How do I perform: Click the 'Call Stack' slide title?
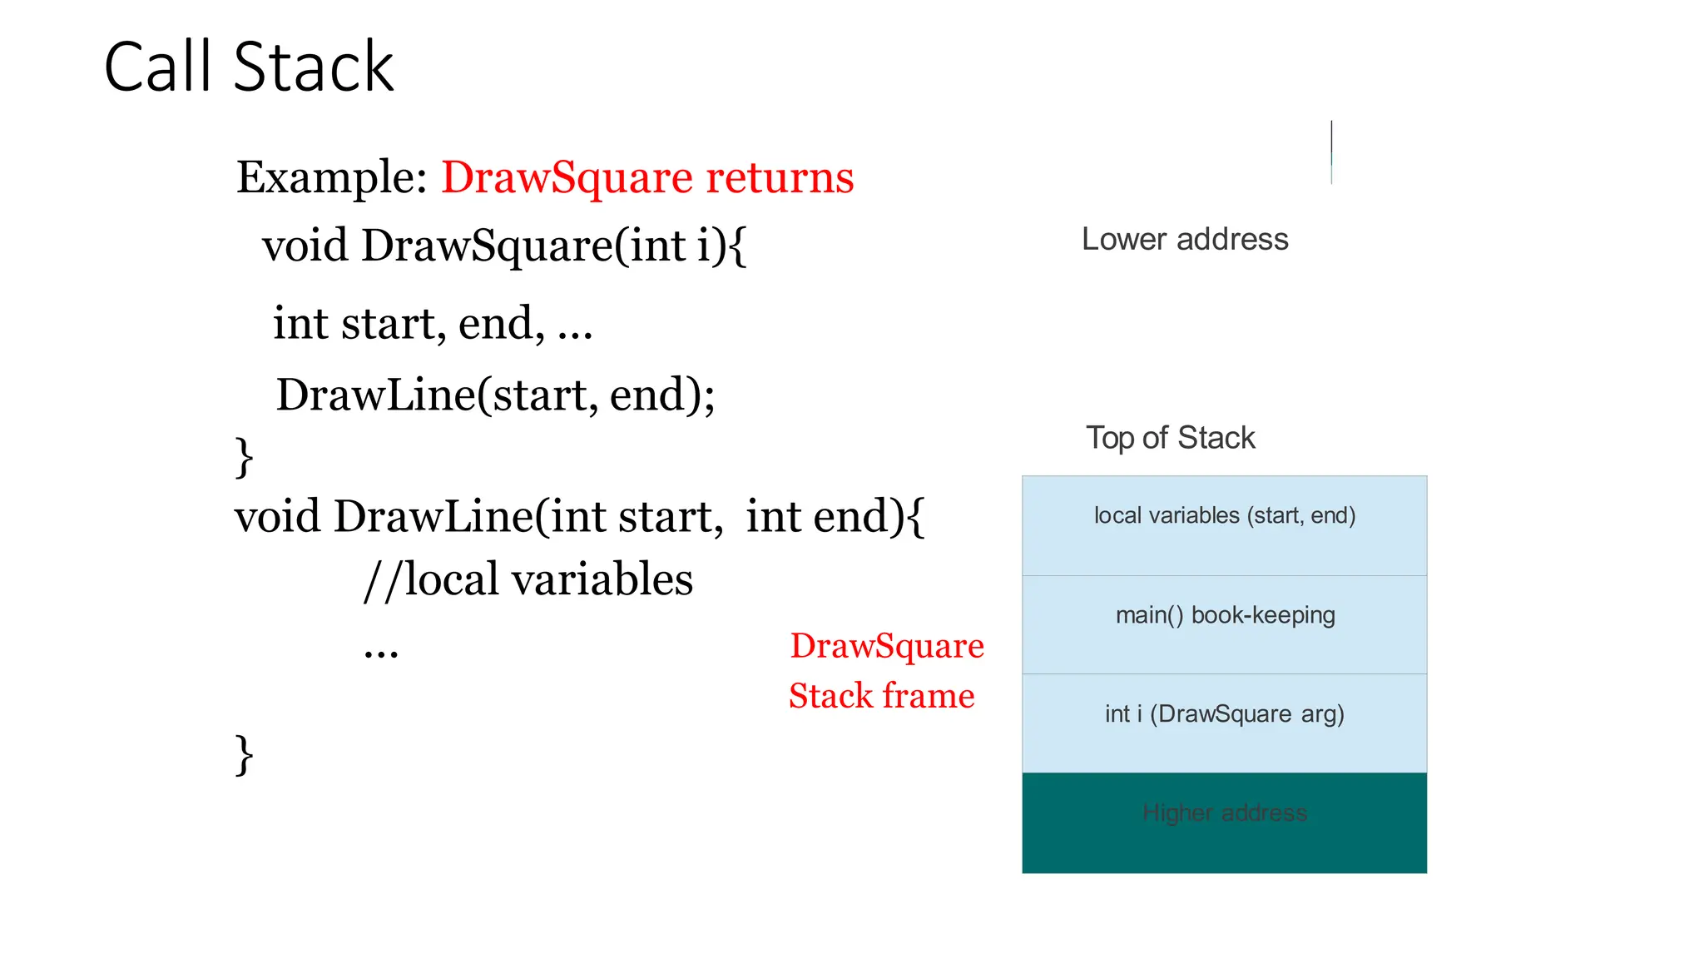point(248,67)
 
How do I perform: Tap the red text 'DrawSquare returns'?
point(647,177)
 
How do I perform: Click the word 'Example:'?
point(331,177)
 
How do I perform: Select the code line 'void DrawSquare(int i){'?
point(504,246)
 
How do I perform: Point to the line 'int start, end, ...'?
point(433,324)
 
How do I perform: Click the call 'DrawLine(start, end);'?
point(495,395)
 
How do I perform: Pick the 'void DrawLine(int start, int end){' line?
point(579,517)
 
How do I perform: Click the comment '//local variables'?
point(528,579)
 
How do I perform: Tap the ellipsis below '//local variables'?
point(381,651)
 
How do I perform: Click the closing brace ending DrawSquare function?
point(244,457)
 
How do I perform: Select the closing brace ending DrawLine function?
point(244,755)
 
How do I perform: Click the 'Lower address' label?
point(1185,240)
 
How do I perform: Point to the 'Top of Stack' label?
point(1170,438)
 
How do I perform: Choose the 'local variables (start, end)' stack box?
point(1224,525)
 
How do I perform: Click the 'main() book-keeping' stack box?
point(1224,624)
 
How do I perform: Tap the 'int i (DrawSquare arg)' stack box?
point(1224,723)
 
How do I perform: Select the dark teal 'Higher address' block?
point(1224,822)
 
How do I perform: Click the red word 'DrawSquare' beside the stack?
point(887,646)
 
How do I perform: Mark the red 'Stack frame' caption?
point(881,696)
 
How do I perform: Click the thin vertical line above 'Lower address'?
point(1331,152)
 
